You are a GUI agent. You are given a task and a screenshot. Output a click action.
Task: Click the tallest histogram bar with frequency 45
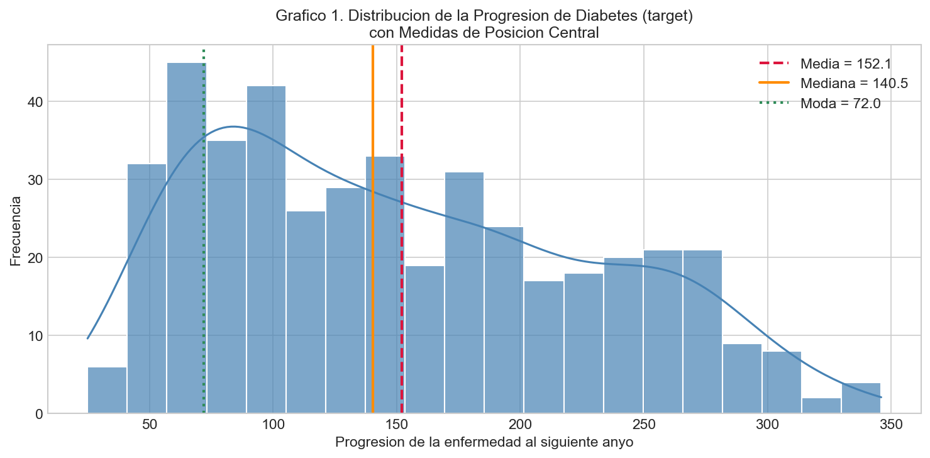pyautogui.click(x=186, y=238)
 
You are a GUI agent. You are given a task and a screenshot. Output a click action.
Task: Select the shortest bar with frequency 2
pyautogui.click(x=821, y=406)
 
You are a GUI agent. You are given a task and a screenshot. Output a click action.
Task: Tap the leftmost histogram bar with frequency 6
pyautogui.click(x=107, y=390)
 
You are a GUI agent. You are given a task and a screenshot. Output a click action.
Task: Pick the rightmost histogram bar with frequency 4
pyautogui.click(x=861, y=398)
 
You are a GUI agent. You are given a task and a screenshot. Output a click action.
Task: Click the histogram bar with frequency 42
pyautogui.click(x=266, y=250)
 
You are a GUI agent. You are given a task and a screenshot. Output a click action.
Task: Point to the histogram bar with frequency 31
pyautogui.click(x=464, y=293)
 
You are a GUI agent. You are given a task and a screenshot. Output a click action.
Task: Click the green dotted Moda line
pyautogui.click(x=204, y=232)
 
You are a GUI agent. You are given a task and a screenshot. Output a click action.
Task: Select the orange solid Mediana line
pyautogui.click(x=373, y=229)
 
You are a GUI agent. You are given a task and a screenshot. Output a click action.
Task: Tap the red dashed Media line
pyautogui.click(x=402, y=229)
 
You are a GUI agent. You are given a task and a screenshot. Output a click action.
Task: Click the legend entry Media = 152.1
pyautogui.click(x=825, y=64)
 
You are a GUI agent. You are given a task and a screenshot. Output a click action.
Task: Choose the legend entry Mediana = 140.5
pyautogui.click(x=833, y=83)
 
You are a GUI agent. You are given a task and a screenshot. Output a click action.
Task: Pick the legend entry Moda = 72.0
pyautogui.click(x=819, y=103)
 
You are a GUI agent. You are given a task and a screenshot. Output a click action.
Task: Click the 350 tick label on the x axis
pyautogui.click(x=891, y=425)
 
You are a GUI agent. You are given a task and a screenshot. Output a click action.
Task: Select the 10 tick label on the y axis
pyautogui.click(x=35, y=335)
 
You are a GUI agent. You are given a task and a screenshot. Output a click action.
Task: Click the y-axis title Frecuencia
pyautogui.click(x=15, y=231)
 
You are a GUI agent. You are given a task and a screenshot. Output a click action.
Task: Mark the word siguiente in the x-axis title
pyautogui.click(x=557, y=442)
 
